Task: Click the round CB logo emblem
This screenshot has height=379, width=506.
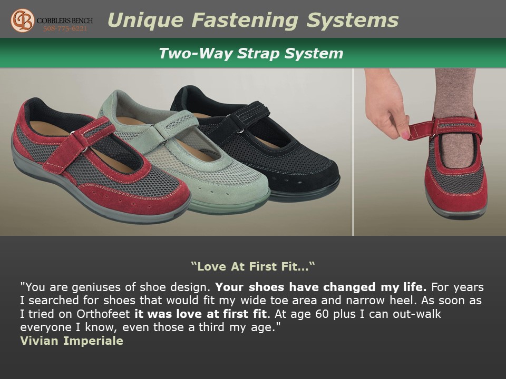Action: coord(22,21)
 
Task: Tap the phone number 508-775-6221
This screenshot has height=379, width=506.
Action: coord(65,28)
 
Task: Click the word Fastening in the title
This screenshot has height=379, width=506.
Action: coord(245,20)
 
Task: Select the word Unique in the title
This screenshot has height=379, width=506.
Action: coord(145,21)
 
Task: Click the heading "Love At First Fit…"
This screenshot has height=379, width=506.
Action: coord(252,266)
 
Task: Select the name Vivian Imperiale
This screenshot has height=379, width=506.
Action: coord(72,341)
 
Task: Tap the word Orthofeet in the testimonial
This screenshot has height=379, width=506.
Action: coord(103,314)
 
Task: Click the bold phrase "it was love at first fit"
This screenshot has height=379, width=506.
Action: coord(200,314)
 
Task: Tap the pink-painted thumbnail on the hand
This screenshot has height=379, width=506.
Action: coord(405,134)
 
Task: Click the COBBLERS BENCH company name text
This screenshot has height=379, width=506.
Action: coord(65,21)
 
